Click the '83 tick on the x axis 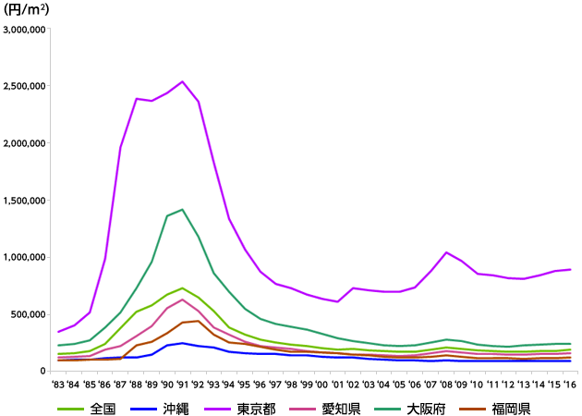click(59, 384)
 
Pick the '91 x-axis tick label click(183, 384)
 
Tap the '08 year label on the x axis click(446, 384)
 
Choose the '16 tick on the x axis click(570, 384)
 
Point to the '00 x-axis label click(322, 384)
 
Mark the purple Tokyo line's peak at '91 click(183, 81)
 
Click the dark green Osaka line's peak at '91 click(183, 210)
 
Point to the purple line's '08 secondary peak click(446, 252)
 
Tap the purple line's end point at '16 click(570, 270)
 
